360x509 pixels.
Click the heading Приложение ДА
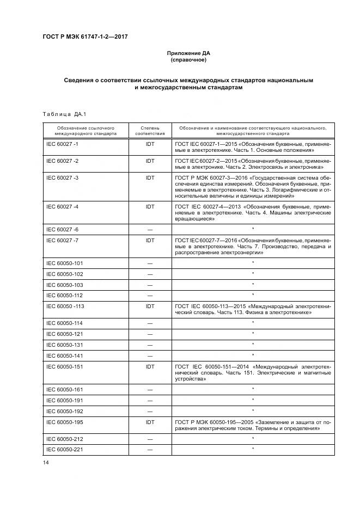point(188,53)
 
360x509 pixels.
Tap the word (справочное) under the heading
point(188,60)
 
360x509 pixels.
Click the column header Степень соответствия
point(150,130)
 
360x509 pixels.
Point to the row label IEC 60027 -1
point(63,144)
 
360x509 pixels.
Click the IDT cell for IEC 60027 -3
point(150,177)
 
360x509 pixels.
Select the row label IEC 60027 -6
point(63,229)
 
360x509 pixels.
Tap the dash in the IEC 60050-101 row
point(150,263)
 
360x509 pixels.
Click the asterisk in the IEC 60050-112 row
point(253,295)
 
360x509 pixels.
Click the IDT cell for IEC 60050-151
point(150,367)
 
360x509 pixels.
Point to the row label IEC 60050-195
point(65,421)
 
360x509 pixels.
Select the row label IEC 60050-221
point(65,449)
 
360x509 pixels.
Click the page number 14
point(46,463)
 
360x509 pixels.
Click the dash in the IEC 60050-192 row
point(150,411)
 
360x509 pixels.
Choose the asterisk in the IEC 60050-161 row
point(253,389)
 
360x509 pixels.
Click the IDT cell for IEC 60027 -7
point(150,240)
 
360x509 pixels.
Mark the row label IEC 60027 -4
point(63,207)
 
